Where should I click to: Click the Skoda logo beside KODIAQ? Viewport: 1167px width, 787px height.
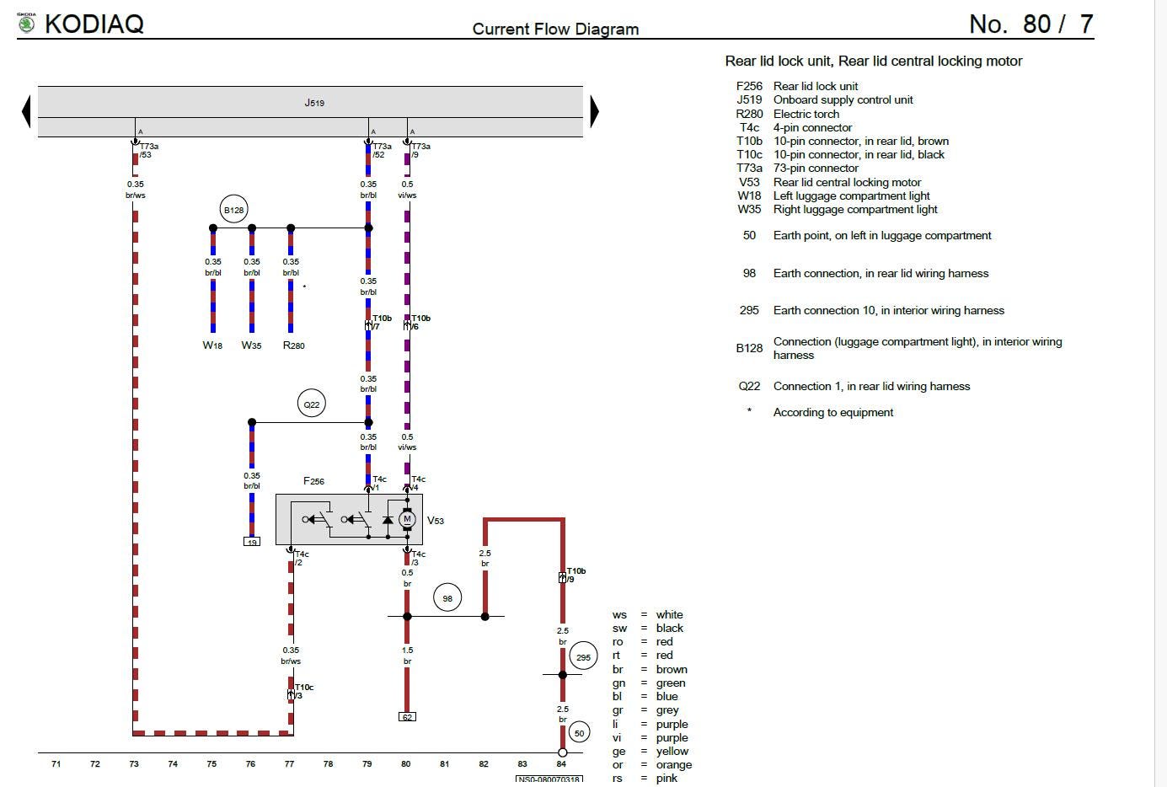click(27, 23)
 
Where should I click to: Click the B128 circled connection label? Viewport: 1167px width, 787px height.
click(233, 210)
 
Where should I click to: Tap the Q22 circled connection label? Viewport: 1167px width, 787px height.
click(312, 404)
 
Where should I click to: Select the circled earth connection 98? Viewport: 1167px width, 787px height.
click(447, 598)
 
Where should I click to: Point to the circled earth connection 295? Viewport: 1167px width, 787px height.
click(583, 657)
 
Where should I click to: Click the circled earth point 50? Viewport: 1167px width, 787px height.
click(579, 733)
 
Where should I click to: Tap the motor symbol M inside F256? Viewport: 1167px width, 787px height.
click(407, 519)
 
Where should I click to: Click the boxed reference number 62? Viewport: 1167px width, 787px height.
click(407, 717)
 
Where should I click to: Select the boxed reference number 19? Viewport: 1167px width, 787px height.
click(252, 542)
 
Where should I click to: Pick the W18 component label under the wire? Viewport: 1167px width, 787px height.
click(212, 345)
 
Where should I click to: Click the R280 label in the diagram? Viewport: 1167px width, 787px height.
click(293, 345)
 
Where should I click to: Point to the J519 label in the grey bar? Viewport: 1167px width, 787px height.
click(314, 103)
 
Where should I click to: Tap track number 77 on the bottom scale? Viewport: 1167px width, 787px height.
click(289, 764)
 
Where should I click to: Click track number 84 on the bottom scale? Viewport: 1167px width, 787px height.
click(561, 764)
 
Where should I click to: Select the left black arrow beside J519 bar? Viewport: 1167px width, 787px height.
click(26, 111)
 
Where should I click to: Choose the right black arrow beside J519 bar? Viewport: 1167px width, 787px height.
click(594, 111)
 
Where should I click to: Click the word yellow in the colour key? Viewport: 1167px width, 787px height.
click(672, 751)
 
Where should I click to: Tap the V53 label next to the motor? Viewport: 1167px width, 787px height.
click(436, 521)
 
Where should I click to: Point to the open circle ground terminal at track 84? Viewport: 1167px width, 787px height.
click(563, 752)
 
